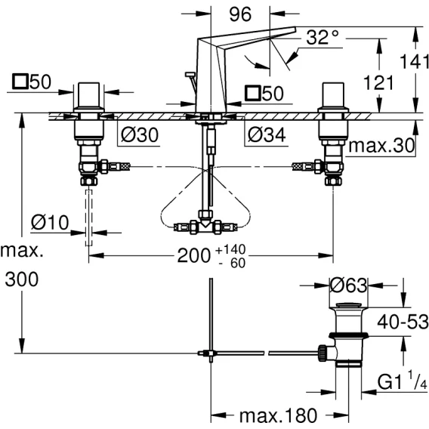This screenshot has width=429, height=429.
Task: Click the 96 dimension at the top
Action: coord(240,14)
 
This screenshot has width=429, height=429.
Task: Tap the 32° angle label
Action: coord(323,37)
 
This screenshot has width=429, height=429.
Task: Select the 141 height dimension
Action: coord(414,61)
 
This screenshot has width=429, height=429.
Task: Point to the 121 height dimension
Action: coord(378,82)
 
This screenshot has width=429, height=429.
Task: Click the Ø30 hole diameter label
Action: coord(140,134)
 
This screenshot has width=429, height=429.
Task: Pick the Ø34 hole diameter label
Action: coord(267,134)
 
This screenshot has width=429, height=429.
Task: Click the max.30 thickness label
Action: coord(381,146)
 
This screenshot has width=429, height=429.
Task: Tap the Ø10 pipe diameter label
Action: coord(50,222)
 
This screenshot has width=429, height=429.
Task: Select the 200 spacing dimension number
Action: coord(194,256)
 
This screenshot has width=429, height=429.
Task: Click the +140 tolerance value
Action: coord(230,249)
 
